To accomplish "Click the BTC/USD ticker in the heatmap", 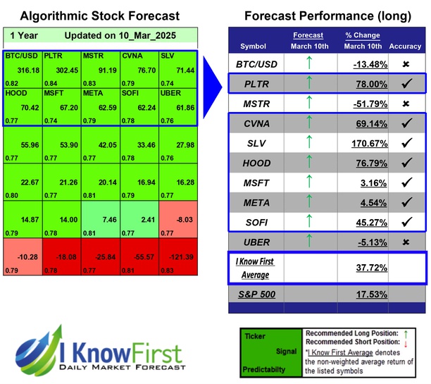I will click(22, 55).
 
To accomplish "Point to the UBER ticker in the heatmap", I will click(171, 94).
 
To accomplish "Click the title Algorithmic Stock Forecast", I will click(99, 16).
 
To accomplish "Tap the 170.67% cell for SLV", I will click(368, 144).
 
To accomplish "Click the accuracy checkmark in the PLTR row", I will click(406, 84).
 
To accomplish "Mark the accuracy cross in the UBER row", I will click(406, 241).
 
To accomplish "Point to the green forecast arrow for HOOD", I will click(307, 163).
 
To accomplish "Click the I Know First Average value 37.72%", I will click(368, 268).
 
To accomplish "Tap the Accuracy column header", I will click(405, 47).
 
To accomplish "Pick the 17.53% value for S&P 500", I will click(368, 293).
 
